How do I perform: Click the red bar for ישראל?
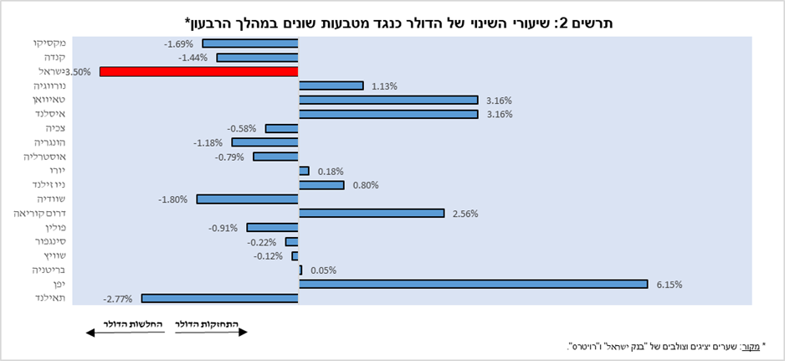tap(198, 71)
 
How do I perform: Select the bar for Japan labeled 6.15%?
tap(473, 284)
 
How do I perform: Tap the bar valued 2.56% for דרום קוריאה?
tap(371, 213)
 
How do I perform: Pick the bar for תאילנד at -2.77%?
tap(220, 298)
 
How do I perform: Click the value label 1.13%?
tap(383, 85)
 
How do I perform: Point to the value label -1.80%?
tap(172, 199)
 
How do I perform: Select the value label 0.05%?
tap(322, 271)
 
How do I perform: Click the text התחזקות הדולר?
tap(212, 323)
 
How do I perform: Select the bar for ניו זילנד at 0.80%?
tap(321, 184)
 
